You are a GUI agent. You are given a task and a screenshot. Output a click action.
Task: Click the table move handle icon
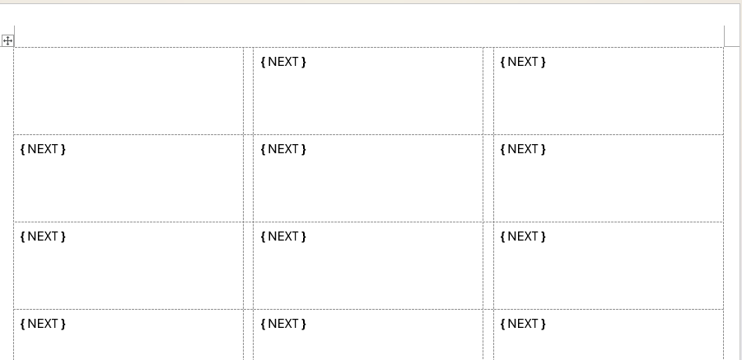[7, 40]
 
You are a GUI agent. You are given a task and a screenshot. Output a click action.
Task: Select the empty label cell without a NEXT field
[128, 91]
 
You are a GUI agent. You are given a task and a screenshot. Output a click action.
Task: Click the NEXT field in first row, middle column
[283, 62]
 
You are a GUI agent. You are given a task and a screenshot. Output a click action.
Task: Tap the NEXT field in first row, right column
[524, 62]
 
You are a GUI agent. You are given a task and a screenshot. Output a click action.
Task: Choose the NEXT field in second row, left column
[43, 149]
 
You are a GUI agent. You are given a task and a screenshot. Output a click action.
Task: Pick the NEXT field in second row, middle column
[283, 149]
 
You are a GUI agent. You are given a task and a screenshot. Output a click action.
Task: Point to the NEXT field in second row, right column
[524, 149]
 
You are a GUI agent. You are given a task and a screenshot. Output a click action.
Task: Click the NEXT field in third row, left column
[43, 236]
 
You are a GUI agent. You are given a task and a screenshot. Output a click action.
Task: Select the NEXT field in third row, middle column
[283, 236]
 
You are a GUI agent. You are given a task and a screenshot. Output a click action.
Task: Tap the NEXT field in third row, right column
[524, 236]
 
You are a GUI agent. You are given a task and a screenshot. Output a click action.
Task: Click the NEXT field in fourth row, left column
[43, 324]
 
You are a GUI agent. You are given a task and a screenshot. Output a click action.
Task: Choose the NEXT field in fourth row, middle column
[283, 324]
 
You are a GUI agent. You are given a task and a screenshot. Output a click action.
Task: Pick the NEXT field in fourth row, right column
[524, 324]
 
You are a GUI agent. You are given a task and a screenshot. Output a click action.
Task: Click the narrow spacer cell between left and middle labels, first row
[249, 91]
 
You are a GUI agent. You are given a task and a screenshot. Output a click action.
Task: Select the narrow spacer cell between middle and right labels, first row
[488, 91]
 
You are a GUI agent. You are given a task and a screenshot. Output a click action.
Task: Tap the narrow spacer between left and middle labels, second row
[249, 178]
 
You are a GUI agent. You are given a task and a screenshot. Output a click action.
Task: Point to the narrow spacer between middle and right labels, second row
[488, 178]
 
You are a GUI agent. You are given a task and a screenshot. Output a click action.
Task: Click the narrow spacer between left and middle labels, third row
[249, 265]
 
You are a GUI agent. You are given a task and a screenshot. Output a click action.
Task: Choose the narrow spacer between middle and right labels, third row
[488, 265]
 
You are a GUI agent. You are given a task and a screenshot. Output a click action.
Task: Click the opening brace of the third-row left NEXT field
[23, 236]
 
